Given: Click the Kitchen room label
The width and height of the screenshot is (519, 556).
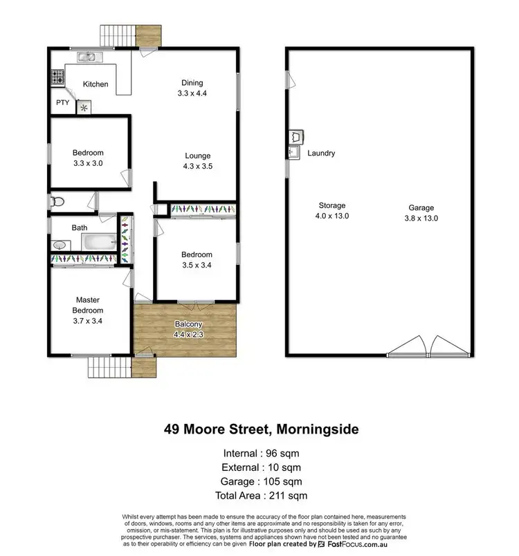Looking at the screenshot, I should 95,84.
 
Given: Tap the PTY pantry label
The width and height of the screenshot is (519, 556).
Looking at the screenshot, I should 62,103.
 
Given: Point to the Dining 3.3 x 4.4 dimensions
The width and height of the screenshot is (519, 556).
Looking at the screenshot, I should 192,93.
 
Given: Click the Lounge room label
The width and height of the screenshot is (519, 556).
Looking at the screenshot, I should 197,156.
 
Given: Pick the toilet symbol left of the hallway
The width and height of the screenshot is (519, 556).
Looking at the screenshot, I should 57,201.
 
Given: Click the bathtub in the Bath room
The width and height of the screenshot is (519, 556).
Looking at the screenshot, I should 99,242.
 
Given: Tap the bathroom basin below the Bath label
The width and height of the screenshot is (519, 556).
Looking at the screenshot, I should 60,245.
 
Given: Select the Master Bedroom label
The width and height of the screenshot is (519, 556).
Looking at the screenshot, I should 88,305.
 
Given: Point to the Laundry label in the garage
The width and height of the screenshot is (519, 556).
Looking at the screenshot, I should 321,154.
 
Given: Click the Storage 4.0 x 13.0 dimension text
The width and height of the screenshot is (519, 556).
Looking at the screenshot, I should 332,216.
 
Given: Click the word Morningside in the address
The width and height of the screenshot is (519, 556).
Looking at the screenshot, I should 318,429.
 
